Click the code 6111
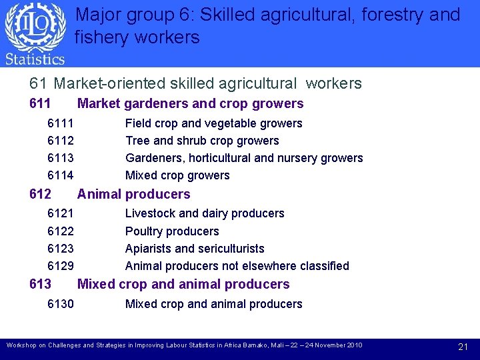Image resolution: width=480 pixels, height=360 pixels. click(61, 123)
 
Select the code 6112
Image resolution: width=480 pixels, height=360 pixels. click(61, 141)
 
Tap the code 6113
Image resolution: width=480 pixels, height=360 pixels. click(61, 158)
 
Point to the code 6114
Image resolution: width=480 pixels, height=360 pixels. click(61, 175)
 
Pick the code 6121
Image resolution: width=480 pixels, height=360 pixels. click(61, 213)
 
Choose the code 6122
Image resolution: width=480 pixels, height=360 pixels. click(61, 231)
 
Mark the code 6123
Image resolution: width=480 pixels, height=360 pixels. click(61, 249)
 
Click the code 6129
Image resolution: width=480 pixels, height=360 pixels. click(61, 266)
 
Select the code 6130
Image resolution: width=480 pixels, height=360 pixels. click(61, 304)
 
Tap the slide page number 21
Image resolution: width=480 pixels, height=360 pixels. click(463, 347)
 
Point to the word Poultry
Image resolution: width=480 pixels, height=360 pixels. click(144, 231)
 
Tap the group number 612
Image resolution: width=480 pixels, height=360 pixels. click(41, 194)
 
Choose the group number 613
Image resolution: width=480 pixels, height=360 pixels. click(41, 284)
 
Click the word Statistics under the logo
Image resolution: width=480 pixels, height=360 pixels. click(35, 59)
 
